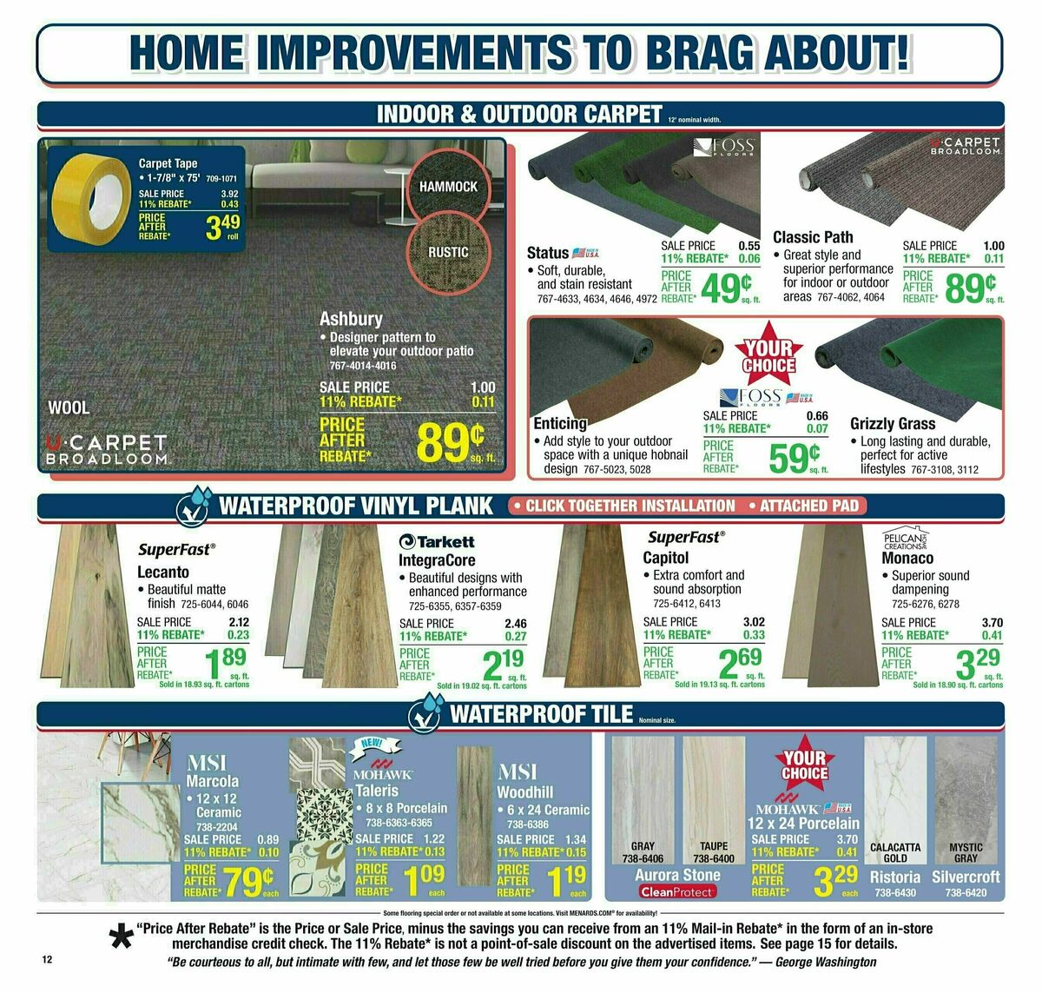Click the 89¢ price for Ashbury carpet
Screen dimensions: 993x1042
click(450, 440)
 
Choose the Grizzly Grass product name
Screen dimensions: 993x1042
click(893, 424)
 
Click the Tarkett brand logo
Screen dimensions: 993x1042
click(437, 540)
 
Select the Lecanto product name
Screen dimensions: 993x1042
click(163, 572)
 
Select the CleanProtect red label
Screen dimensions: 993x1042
click(677, 891)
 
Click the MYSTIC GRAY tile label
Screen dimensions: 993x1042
click(966, 852)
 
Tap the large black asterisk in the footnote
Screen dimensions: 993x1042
click(119, 939)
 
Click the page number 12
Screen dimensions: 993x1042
click(47, 959)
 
